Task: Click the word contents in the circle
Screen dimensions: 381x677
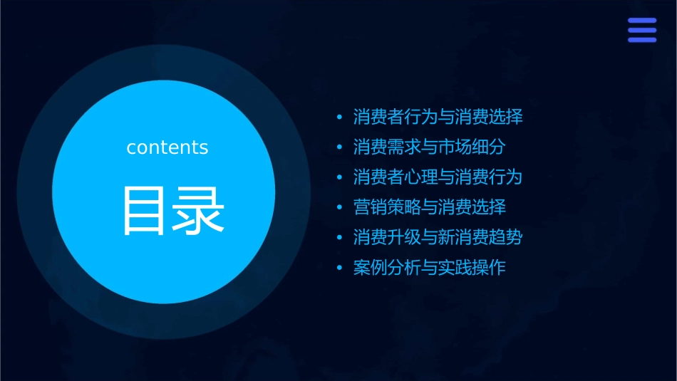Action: coord(167,147)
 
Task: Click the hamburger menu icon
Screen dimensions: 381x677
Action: coord(641,30)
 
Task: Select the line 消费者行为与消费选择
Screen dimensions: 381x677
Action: coord(438,117)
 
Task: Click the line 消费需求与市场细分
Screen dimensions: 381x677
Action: coord(429,147)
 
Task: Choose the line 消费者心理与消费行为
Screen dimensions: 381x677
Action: coord(438,177)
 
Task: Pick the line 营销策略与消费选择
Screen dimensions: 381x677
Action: coord(429,208)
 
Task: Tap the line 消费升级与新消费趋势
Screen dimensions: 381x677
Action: coord(438,238)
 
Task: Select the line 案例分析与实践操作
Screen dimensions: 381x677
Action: coord(429,268)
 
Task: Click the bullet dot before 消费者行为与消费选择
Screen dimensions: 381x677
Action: coord(340,118)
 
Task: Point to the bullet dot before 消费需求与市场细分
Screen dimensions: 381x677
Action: coord(340,148)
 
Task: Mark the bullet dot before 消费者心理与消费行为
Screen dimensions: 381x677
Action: coord(340,178)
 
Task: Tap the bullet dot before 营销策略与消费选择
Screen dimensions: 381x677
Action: coord(340,209)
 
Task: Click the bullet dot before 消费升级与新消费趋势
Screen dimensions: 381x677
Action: coord(340,239)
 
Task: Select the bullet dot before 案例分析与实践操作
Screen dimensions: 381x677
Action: coord(340,269)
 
